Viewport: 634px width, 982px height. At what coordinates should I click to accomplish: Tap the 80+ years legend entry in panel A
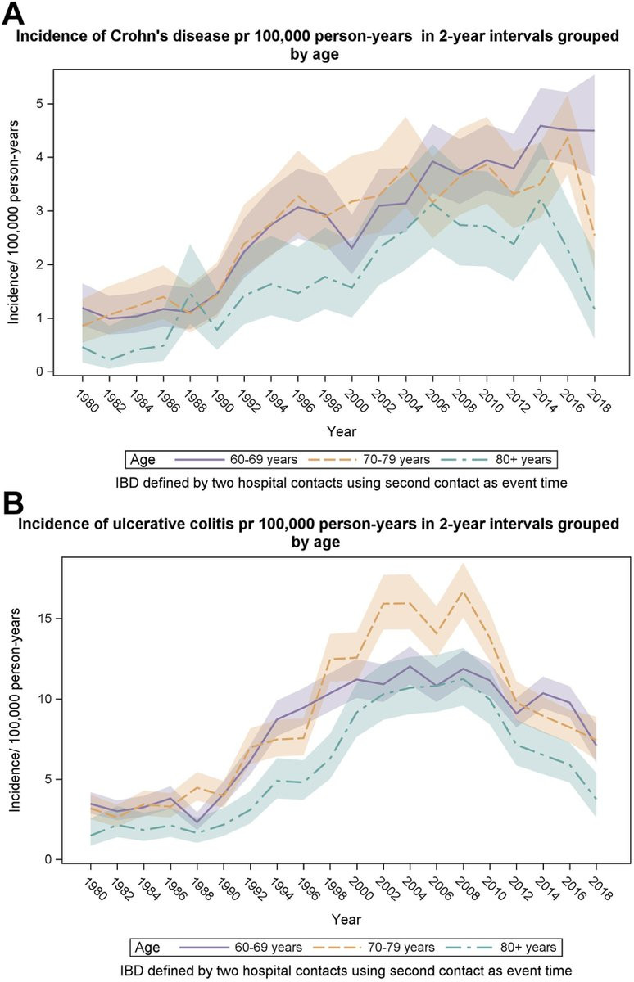(523, 460)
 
